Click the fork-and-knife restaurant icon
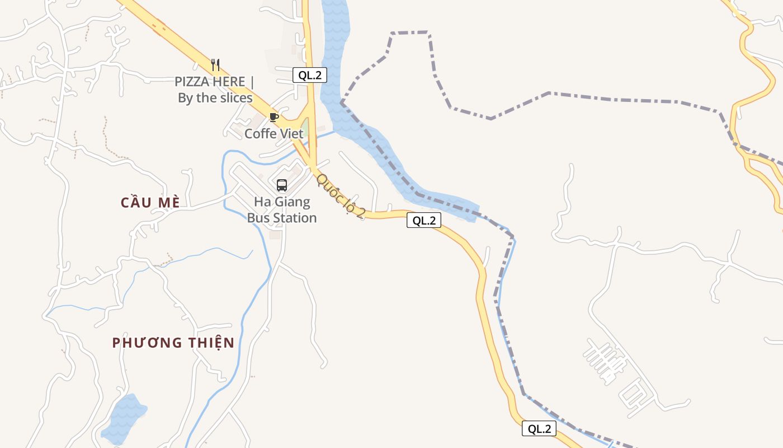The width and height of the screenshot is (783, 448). point(215,65)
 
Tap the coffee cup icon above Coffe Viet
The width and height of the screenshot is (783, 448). point(273,117)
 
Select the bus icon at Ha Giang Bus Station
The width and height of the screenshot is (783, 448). point(282,185)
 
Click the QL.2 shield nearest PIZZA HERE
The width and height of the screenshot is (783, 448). point(309,75)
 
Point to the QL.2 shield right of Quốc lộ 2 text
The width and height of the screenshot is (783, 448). point(423,221)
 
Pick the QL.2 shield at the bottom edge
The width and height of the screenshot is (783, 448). point(539,429)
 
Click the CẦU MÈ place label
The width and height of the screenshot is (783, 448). point(150,202)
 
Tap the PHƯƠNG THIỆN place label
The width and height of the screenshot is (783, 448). point(173,343)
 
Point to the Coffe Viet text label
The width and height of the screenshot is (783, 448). point(274,134)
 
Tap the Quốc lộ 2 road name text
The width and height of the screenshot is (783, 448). point(341,196)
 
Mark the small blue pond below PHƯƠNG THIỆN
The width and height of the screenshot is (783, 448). point(124,419)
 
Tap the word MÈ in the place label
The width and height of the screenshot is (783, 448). point(168,202)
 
